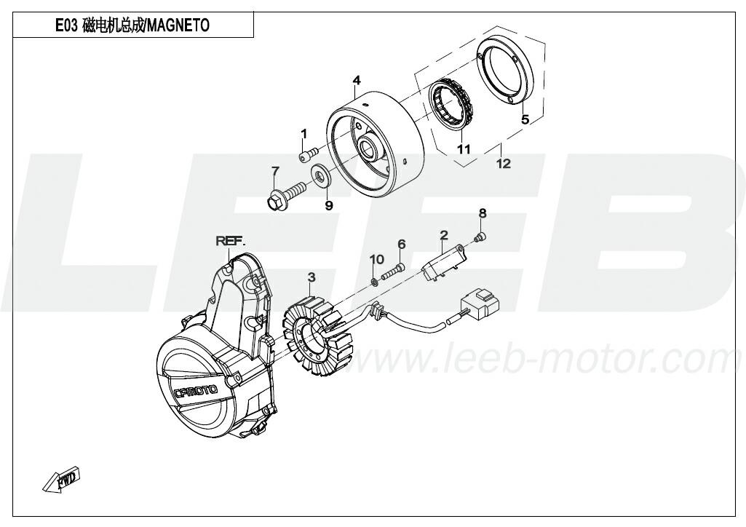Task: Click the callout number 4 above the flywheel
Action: (357, 80)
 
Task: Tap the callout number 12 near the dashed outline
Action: (504, 164)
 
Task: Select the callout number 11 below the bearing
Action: (464, 149)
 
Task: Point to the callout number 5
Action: (525, 119)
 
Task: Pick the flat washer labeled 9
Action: (321, 175)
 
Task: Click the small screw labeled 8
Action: (480, 237)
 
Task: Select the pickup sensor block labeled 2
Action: (445, 263)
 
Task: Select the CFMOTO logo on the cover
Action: (196, 392)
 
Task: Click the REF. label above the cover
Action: (231, 241)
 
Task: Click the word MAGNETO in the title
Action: (178, 25)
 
